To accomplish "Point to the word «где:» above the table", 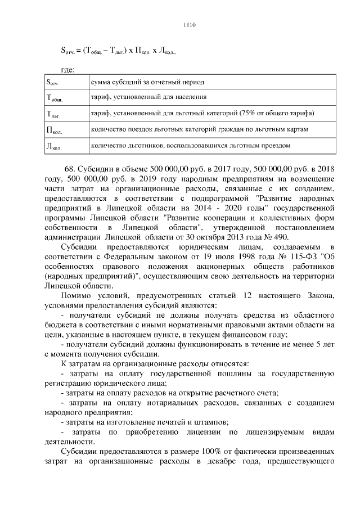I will (x=67, y=69).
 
